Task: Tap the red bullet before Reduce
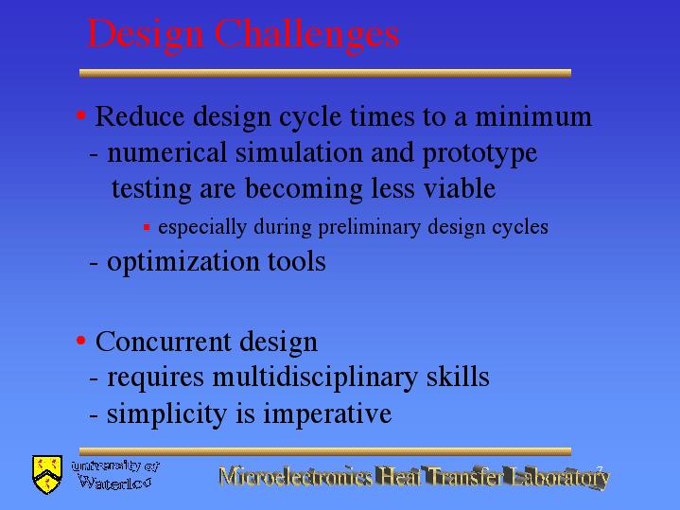(81, 115)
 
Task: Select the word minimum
(533, 116)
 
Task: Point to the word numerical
(167, 152)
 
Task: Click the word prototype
(479, 155)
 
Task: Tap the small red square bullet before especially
(147, 227)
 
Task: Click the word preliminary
(370, 228)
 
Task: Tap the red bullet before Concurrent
(81, 341)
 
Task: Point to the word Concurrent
(163, 342)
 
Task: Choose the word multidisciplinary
(315, 378)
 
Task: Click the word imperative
(327, 414)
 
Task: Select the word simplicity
(167, 414)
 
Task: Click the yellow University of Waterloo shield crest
(47, 474)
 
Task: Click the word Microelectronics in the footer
(295, 476)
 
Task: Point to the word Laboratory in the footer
(560, 478)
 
